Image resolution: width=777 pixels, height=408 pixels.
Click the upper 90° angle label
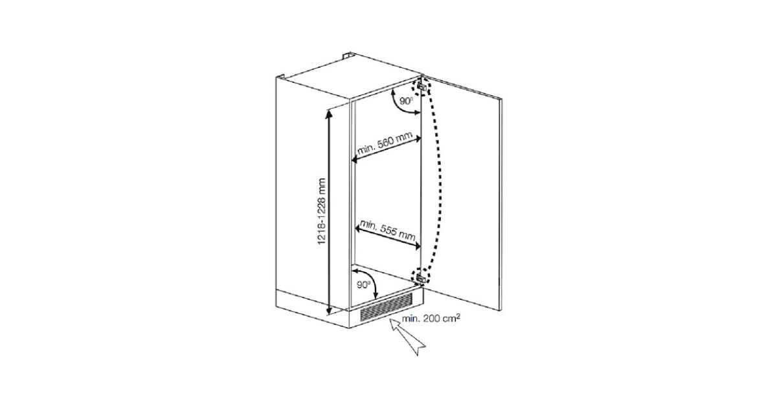(406, 102)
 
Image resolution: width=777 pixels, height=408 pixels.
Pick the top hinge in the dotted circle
(422, 86)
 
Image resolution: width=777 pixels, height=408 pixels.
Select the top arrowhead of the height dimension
(330, 114)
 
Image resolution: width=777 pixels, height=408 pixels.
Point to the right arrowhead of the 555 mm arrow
(418, 247)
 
